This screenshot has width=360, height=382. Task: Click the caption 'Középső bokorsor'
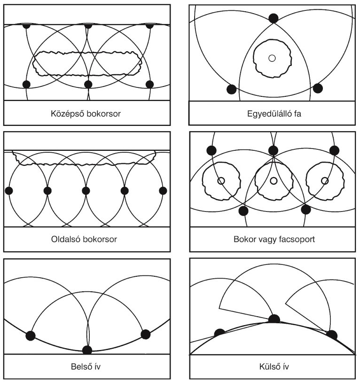point(86,114)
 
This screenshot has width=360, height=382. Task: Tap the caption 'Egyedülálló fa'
point(274,114)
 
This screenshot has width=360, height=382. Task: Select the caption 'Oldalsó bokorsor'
point(84,239)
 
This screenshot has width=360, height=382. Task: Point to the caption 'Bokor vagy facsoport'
point(274,239)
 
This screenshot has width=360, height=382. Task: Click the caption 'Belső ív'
point(86,366)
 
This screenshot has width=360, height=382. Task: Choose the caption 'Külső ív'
point(274,366)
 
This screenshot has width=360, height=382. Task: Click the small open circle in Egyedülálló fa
point(272,58)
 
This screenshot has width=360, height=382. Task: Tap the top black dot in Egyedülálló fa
point(273,18)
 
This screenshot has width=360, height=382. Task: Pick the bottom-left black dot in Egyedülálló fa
point(231,89)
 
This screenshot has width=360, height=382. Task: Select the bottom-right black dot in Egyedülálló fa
point(318,88)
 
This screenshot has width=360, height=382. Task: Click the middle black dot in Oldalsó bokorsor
point(86,190)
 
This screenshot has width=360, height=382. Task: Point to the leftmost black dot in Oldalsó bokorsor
point(9,190)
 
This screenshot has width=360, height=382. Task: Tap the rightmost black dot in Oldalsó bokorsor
point(163,190)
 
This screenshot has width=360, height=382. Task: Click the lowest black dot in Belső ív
point(87,350)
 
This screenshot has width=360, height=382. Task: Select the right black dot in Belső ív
point(146,334)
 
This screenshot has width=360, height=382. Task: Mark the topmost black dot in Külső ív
point(274,319)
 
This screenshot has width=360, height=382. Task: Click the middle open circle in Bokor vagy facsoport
point(274,181)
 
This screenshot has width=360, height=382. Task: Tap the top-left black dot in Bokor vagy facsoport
point(211,150)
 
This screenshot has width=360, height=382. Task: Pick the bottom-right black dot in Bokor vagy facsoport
point(306,210)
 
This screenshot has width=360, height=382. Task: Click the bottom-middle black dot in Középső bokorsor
point(88,85)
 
